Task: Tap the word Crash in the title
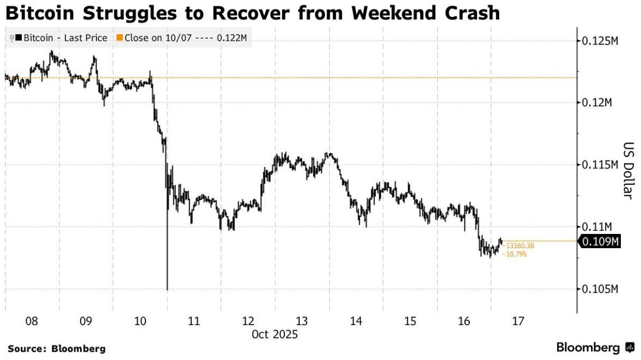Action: tap(468, 13)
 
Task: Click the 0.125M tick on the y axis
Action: tap(600, 41)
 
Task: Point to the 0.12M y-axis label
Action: tap(597, 103)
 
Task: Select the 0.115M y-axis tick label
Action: tap(600, 165)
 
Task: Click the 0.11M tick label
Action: tap(597, 226)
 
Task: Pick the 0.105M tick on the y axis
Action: tap(600, 289)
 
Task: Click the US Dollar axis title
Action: tap(627, 171)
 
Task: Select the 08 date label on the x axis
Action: tap(32, 322)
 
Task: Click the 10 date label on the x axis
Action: tap(140, 322)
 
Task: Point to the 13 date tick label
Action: tap(301, 322)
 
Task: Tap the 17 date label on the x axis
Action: tap(518, 322)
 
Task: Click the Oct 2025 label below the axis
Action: tap(275, 334)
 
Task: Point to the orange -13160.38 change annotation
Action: tap(518, 246)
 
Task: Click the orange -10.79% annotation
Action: tap(515, 254)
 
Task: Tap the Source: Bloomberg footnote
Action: tap(57, 348)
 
